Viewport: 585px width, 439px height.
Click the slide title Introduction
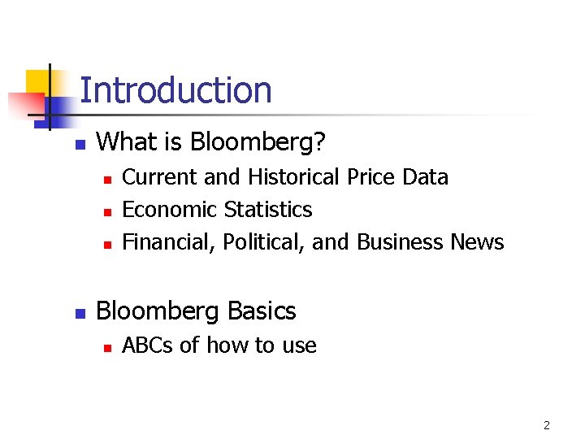coord(175,90)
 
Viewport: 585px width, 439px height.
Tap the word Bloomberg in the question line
coord(258,143)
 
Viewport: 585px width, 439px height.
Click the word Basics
coord(262,311)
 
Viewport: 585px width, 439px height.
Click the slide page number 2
coord(547,424)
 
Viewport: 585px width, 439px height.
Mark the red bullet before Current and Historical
coord(106,178)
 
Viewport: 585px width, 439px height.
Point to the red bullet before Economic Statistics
coord(106,211)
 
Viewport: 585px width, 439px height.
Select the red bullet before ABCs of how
coord(106,346)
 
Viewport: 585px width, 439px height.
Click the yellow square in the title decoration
coord(38,81)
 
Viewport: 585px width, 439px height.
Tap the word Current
coord(158,177)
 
